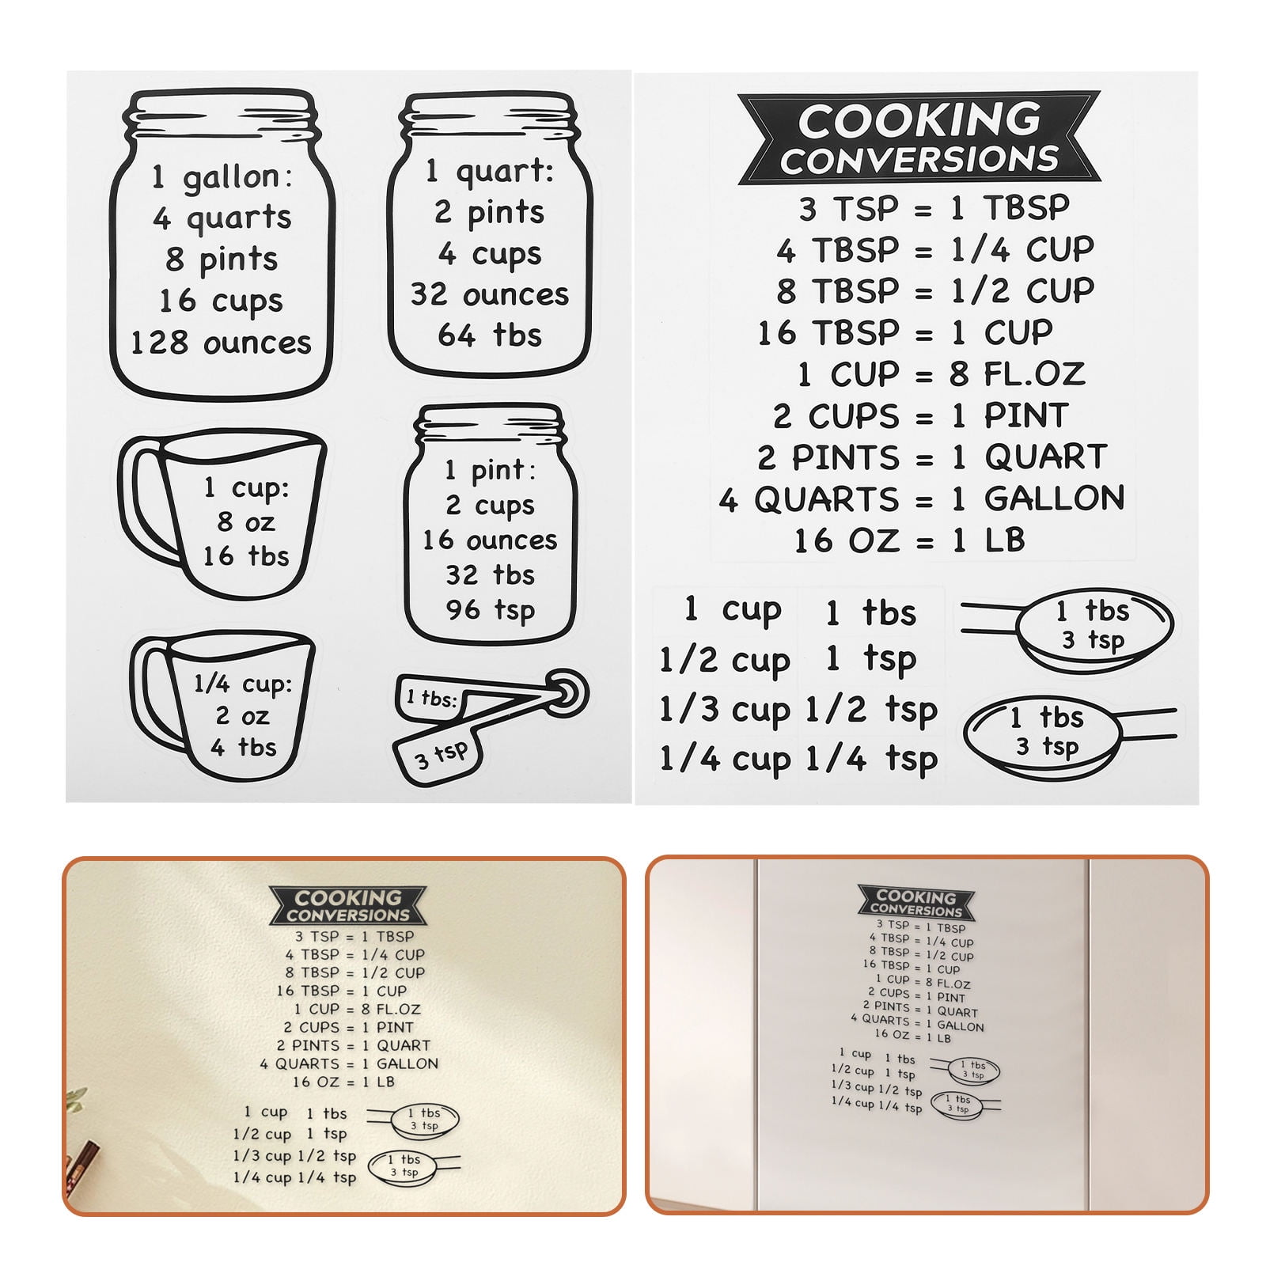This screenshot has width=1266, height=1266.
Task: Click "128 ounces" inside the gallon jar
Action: pos(221,343)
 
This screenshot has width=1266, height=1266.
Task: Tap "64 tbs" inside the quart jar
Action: pos(490,335)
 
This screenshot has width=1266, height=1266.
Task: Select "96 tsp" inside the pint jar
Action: pos(490,610)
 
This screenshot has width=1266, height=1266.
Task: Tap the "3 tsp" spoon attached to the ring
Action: pos(440,756)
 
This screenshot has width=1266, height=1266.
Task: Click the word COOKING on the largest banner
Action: pos(919,120)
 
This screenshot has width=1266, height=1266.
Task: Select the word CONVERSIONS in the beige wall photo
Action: pos(348,915)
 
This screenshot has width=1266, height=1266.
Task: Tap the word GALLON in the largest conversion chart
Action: pos(1054,498)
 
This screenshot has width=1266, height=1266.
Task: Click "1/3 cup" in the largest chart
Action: pos(724,710)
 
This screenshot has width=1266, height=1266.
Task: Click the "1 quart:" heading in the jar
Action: pos(490,171)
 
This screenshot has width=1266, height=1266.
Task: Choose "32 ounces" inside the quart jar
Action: pos(490,294)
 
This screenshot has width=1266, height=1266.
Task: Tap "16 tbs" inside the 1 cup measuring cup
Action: pos(245,556)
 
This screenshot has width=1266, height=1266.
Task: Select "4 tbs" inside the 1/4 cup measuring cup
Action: pos(244,748)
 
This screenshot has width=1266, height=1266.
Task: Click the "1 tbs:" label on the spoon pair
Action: pos(431,698)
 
